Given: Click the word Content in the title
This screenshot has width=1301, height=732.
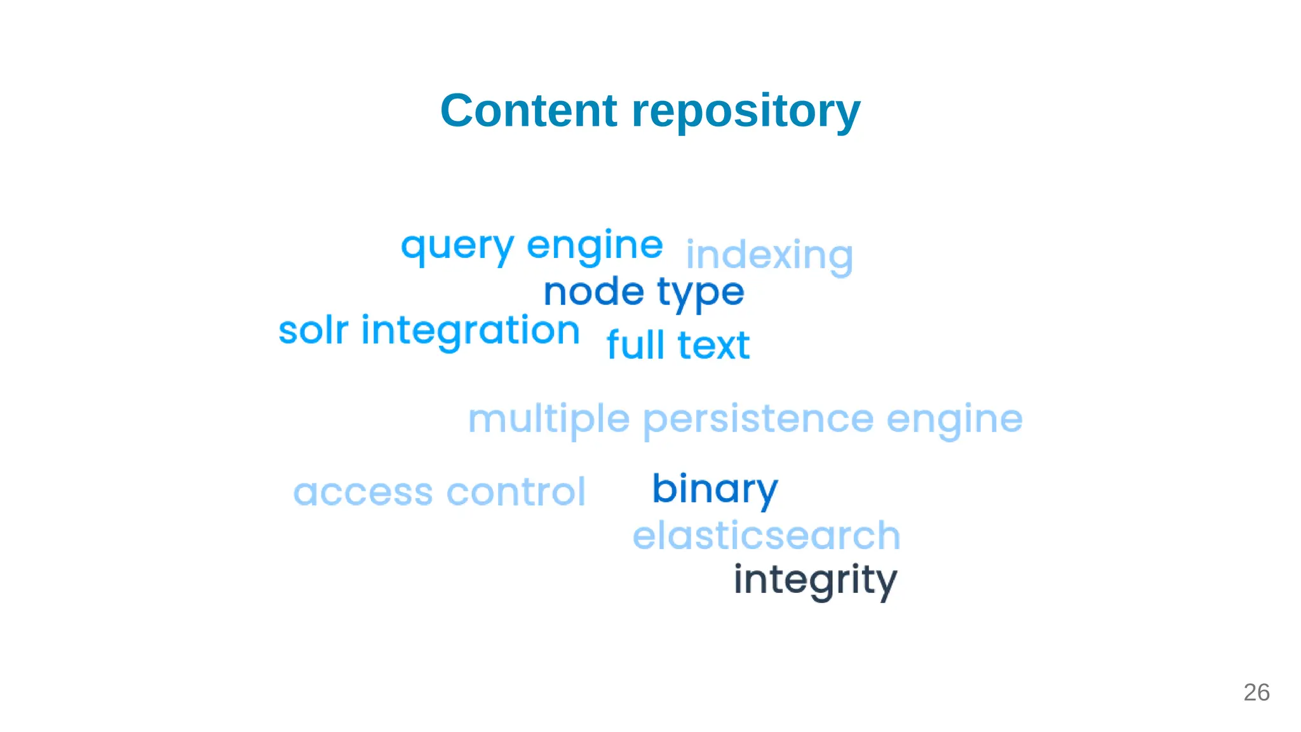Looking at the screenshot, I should [x=529, y=111].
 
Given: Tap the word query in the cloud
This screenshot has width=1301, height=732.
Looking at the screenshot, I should [x=457, y=247].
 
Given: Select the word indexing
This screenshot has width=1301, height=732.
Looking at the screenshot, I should [x=769, y=256].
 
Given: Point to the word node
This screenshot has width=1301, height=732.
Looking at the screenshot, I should [x=594, y=292].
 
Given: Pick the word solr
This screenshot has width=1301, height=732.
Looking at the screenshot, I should [x=313, y=330].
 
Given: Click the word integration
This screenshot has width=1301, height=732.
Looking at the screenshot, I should [x=470, y=332].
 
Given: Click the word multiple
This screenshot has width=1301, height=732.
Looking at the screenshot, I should [x=549, y=420].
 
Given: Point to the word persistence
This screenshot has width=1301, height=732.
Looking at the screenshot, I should [x=758, y=420].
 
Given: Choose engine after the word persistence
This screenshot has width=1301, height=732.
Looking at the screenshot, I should [x=954, y=420].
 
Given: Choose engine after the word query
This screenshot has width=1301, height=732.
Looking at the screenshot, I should [x=595, y=247].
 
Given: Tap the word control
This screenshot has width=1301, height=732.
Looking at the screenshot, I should [x=516, y=492].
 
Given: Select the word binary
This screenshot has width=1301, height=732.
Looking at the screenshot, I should [x=715, y=489].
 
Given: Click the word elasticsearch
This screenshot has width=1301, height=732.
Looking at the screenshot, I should [x=766, y=536].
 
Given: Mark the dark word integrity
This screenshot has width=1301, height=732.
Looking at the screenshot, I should [x=815, y=580].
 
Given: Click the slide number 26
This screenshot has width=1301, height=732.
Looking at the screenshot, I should [x=1256, y=693].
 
